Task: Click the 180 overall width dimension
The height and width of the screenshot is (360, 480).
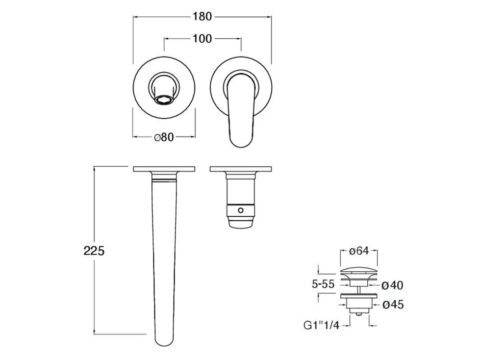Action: pos(202,16)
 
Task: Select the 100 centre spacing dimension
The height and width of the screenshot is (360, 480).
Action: pos(202,39)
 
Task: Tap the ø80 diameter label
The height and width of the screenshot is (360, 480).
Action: pos(164,137)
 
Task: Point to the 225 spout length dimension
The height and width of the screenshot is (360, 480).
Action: pos(94,251)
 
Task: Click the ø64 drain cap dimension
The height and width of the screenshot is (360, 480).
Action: pos(359,251)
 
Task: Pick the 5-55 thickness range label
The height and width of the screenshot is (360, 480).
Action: pos(323,285)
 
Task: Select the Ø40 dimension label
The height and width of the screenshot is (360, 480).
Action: pos(392,286)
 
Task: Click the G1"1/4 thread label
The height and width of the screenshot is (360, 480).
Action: pos(321,325)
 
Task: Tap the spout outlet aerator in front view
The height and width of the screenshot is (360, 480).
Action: pos(164,99)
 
